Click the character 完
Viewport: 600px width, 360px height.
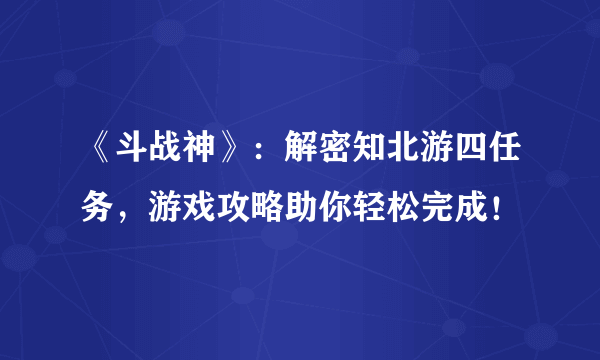[x=454, y=209]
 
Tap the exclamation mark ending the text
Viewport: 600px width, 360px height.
[x=517, y=209]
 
